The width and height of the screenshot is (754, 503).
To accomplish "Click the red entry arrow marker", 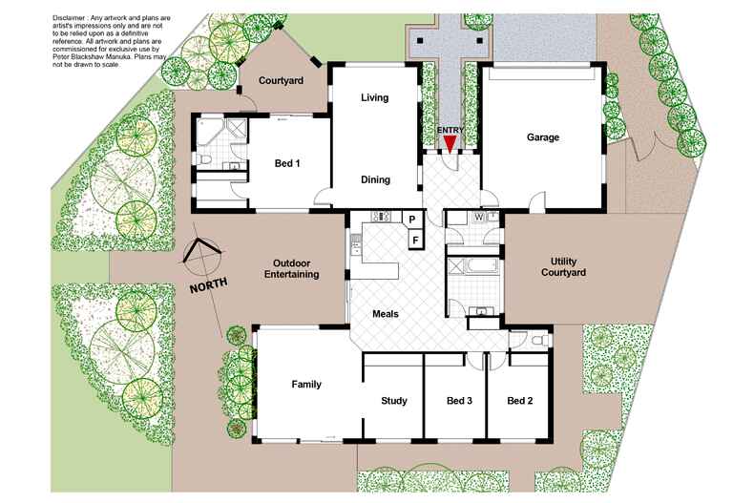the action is (x=450, y=144).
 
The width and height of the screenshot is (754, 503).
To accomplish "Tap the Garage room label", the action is (x=543, y=137).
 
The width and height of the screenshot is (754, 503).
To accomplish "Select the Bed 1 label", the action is (x=287, y=163).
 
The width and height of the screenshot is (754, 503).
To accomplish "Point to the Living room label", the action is (x=374, y=97).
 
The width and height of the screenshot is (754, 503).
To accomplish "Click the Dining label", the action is (x=375, y=179).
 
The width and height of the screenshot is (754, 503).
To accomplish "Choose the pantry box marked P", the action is (x=412, y=220).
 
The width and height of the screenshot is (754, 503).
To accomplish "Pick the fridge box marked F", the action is (x=415, y=240).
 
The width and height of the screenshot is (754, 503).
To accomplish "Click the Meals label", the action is (x=386, y=314).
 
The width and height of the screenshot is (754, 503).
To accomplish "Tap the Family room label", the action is (x=306, y=385).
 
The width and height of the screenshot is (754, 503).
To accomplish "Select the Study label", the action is (x=394, y=401).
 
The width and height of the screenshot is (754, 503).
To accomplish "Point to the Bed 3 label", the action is (x=459, y=401).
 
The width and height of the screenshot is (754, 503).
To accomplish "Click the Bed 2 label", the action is (x=520, y=401).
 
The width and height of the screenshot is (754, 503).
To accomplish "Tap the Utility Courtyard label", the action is (x=563, y=267).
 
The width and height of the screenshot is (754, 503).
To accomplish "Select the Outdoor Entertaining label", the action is (x=291, y=269).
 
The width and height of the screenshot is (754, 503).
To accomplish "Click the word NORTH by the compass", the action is (x=209, y=285).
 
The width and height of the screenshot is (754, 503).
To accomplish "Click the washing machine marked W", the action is (x=478, y=218).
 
